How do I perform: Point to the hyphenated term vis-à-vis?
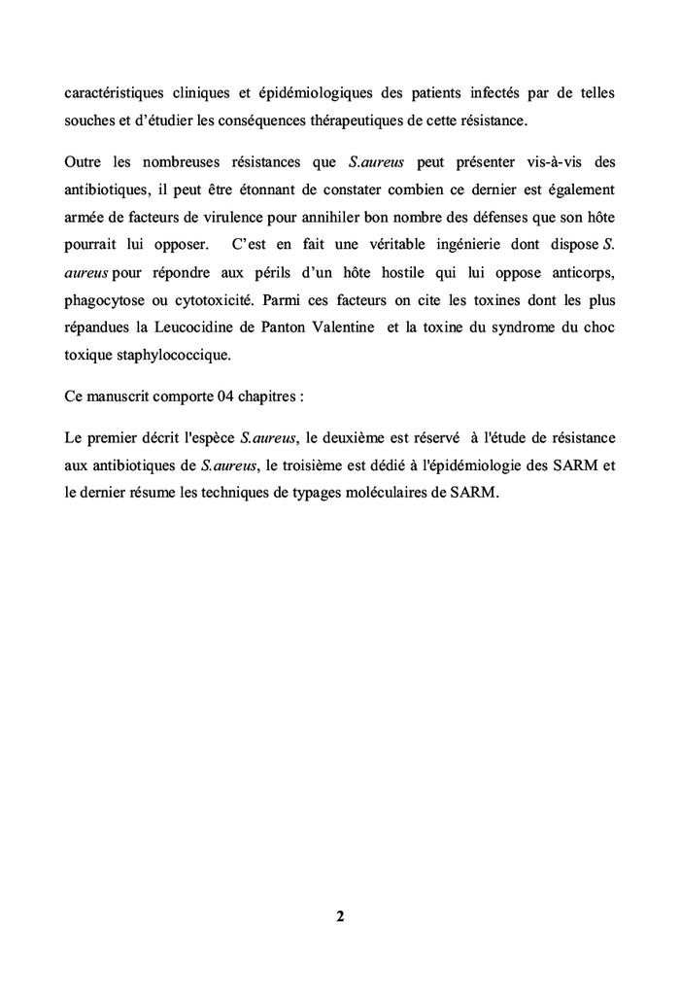543,160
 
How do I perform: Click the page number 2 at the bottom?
340,916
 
